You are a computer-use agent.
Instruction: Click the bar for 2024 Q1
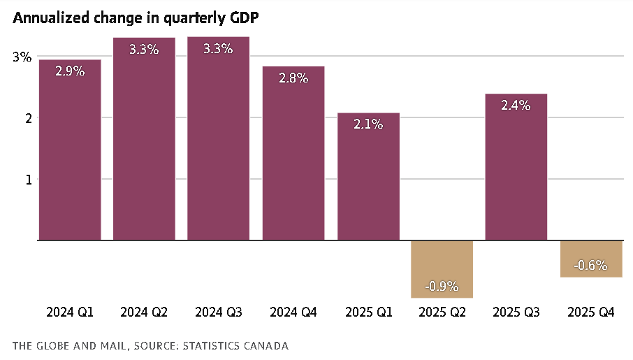[x=69, y=150]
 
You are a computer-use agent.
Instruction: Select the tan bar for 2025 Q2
[x=442, y=269]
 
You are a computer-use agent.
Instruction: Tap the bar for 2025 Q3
[x=516, y=168]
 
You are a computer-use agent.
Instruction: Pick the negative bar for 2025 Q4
[x=591, y=259]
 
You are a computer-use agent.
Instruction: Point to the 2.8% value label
[x=293, y=78]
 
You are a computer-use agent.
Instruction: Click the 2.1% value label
[x=368, y=124]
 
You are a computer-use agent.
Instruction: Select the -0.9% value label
[x=442, y=285]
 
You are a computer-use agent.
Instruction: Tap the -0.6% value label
[x=590, y=266]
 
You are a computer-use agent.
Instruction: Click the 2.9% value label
[x=70, y=71]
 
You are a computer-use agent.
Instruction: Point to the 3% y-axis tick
[x=22, y=57]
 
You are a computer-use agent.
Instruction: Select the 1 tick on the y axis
[x=29, y=179]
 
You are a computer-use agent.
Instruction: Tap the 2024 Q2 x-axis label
[x=144, y=312]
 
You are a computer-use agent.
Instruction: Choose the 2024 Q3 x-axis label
[x=219, y=312]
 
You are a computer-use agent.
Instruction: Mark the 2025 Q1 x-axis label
[x=368, y=312]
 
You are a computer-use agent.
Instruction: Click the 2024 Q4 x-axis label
[x=293, y=312]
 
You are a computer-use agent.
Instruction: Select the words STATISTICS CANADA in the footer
[x=240, y=346]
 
